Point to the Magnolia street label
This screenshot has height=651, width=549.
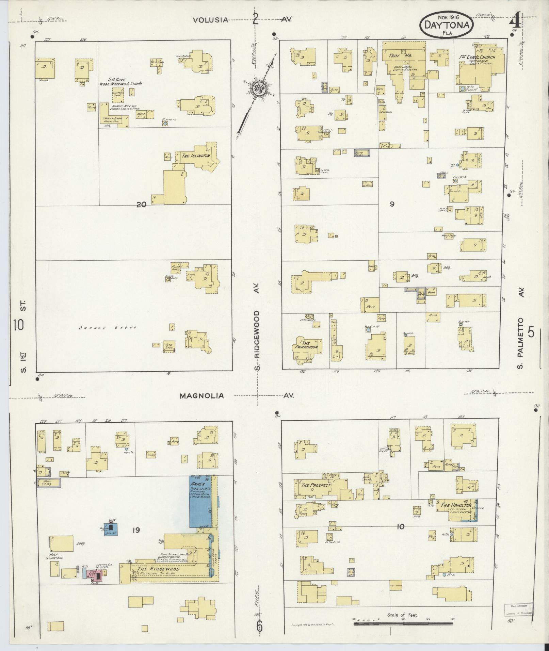tap(202, 396)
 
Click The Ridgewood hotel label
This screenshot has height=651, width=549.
tap(158, 569)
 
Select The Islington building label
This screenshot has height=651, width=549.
tap(195, 156)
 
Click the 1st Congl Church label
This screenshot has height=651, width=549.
tap(477, 57)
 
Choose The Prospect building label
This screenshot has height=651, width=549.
tap(316, 485)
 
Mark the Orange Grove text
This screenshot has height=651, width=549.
tap(108, 328)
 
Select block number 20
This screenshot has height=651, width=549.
tap(141, 205)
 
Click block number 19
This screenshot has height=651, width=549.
tap(136, 530)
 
